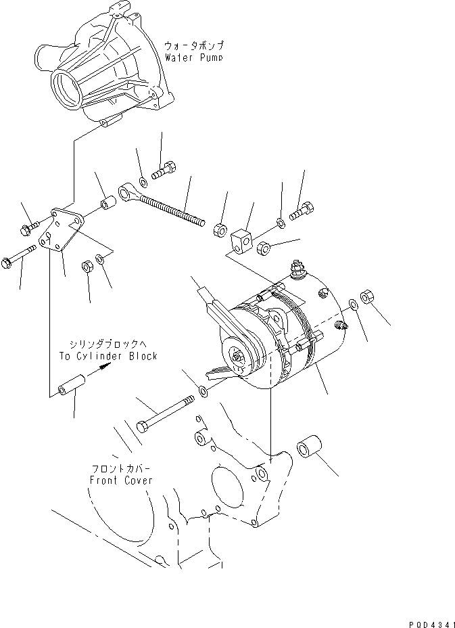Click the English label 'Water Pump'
[x=193, y=58]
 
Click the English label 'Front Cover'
[x=121, y=480]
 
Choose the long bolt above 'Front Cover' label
[x=166, y=415]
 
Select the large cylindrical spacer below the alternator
[x=310, y=449]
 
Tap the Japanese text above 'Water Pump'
[x=194, y=45]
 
